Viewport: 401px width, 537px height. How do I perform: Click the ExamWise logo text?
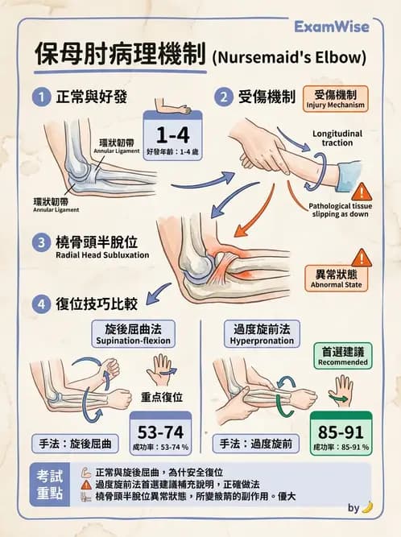click(x=331, y=27)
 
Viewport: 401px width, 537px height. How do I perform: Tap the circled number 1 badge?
click(x=39, y=97)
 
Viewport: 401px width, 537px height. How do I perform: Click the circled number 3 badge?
click(x=39, y=242)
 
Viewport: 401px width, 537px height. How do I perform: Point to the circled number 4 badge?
click(x=39, y=304)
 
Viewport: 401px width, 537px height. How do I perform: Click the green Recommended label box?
click(x=341, y=356)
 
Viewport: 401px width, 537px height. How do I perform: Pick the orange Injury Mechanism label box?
click(x=335, y=98)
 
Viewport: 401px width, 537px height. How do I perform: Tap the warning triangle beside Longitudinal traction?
click(x=362, y=191)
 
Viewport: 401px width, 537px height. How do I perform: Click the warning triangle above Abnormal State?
click(x=362, y=257)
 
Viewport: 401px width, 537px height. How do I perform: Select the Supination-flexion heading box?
click(x=133, y=334)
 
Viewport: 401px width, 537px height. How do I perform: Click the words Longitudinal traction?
click(x=337, y=138)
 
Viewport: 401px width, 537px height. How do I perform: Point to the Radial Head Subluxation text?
click(x=102, y=256)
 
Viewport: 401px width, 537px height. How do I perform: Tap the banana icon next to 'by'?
click(x=367, y=507)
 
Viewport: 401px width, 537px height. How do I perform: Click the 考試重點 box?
click(x=50, y=481)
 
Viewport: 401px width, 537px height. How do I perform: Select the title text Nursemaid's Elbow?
click(x=288, y=58)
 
